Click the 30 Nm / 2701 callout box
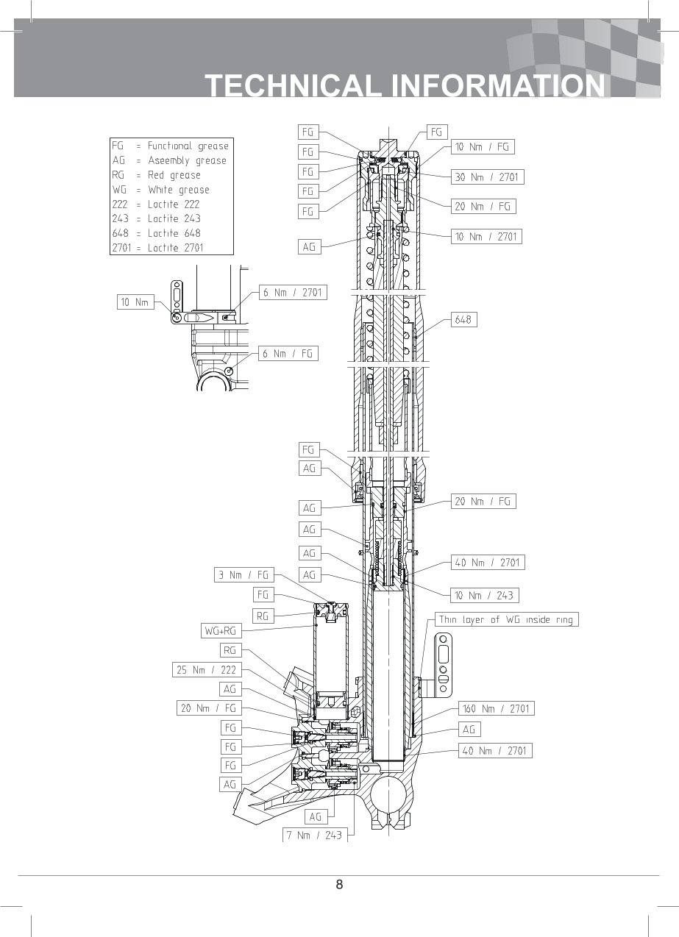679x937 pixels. [488, 177]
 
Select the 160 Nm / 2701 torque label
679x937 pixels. [496, 708]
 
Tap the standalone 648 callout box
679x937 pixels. [463, 320]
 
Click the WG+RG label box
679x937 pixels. [221, 631]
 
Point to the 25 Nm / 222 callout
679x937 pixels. [207, 670]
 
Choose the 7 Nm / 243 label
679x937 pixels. [315, 836]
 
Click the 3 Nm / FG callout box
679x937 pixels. [244, 574]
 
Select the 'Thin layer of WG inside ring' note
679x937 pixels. [507, 619]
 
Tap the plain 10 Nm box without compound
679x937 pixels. [135, 302]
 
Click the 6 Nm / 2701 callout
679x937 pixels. [293, 293]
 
